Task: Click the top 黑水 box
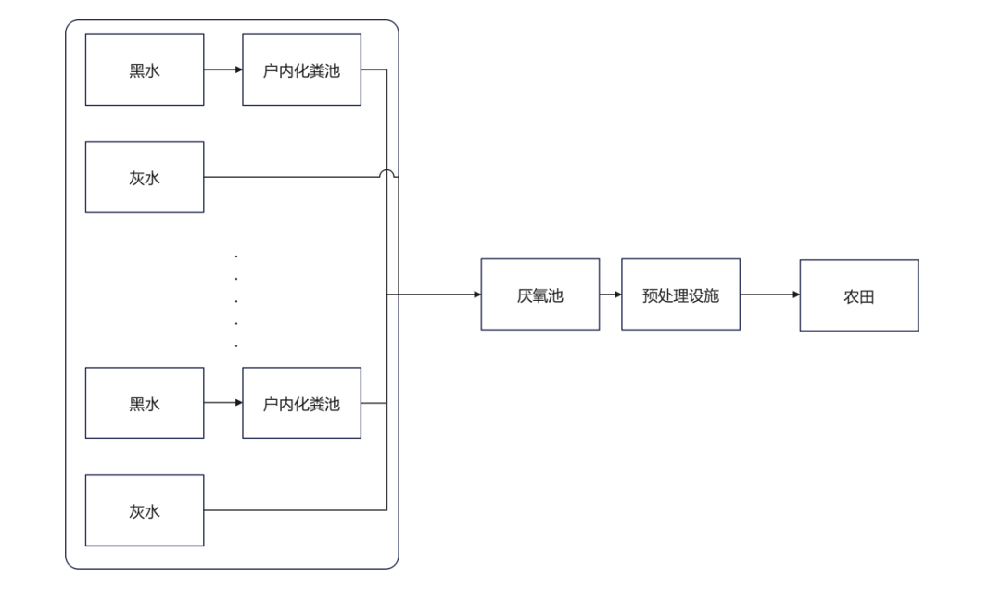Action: tap(145, 69)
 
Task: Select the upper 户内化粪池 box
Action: tap(301, 69)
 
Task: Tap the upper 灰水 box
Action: tap(145, 177)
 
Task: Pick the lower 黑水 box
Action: tap(145, 403)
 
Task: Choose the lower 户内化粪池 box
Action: tap(301, 403)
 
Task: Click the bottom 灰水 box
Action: tap(145, 510)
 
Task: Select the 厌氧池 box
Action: tap(539, 295)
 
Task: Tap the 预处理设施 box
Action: tap(680, 295)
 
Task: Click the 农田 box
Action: tap(858, 295)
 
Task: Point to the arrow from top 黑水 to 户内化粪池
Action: tap(222, 69)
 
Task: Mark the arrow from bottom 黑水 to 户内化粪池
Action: tap(222, 403)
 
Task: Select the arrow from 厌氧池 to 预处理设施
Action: tap(610, 295)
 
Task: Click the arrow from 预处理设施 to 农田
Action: tap(769, 295)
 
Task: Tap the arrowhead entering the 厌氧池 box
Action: tap(476, 295)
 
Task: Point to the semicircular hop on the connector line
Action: tap(387, 172)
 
